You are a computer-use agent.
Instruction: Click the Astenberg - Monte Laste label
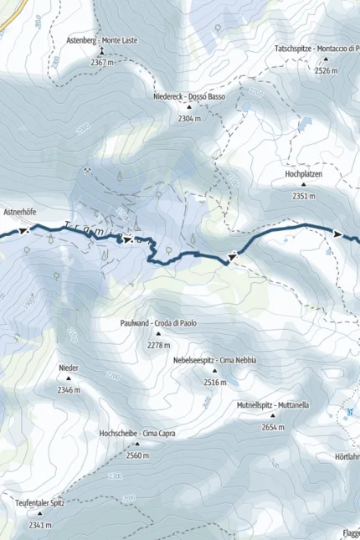[102, 40]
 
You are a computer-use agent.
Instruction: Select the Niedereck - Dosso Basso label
[189, 97]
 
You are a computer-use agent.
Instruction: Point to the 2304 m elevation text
[190, 119]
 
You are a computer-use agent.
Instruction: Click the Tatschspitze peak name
[317, 49]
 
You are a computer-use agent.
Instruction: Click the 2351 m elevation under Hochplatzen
[304, 196]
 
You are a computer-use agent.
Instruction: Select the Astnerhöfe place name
[21, 213]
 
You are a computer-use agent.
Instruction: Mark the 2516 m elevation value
[214, 382]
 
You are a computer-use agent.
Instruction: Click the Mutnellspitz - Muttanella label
[273, 405]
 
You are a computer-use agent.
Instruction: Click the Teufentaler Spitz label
[39, 502]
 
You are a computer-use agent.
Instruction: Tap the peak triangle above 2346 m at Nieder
[69, 378]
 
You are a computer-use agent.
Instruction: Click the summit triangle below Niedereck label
[190, 108]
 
